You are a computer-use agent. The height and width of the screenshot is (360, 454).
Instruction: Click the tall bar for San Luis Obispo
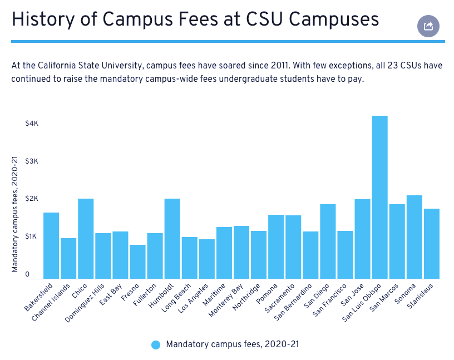pos(379,197)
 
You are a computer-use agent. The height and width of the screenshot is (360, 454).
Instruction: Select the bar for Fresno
pos(137,262)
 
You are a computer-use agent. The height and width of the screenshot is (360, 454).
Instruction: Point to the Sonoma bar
pos(414,236)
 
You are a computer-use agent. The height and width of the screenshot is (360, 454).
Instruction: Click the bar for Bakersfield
pos(51,245)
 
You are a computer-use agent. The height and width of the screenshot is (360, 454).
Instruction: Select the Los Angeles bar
pos(206,259)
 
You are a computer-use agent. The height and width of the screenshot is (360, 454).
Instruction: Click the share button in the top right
pos(428,26)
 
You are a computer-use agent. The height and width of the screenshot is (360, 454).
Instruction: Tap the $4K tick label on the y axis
pos(32,123)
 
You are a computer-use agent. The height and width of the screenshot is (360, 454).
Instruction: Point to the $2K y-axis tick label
pos(32,199)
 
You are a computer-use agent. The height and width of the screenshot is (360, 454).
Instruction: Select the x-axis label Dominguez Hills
pos(84,303)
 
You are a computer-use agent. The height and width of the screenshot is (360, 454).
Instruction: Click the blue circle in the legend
pos(156,345)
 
